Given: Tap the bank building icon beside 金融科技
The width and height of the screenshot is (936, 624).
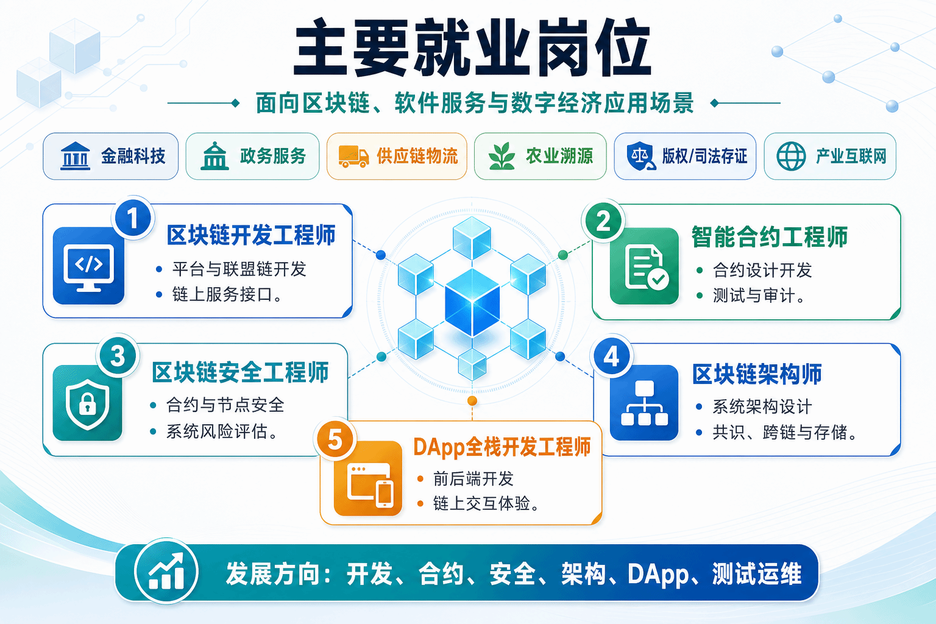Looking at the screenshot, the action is click(x=75, y=156).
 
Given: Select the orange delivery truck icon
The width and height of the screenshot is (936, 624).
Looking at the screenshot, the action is click(x=353, y=157).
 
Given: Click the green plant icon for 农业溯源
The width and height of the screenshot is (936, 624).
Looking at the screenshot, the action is click(x=502, y=156).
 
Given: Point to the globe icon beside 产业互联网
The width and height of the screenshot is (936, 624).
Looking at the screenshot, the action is click(x=791, y=156).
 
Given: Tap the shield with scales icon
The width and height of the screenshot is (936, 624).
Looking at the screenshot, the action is click(x=640, y=156).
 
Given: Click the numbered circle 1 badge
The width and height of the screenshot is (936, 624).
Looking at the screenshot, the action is click(x=133, y=218).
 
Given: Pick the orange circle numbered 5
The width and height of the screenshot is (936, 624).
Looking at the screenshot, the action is click(x=335, y=440).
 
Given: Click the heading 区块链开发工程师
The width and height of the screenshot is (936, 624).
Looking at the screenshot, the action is click(x=251, y=235).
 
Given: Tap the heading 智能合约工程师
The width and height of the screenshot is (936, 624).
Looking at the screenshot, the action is click(x=769, y=236).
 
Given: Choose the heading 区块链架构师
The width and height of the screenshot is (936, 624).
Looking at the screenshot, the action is click(x=757, y=374).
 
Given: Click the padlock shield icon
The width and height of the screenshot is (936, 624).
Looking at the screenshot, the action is click(x=87, y=403).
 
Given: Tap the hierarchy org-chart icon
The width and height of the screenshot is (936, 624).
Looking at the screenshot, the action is click(x=644, y=403).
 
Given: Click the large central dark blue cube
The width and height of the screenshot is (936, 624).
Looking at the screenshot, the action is click(x=472, y=303).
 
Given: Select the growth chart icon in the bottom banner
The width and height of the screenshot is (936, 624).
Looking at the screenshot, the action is click(x=166, y=572).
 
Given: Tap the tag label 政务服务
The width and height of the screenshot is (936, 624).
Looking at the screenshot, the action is click(x=273, y=157).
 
